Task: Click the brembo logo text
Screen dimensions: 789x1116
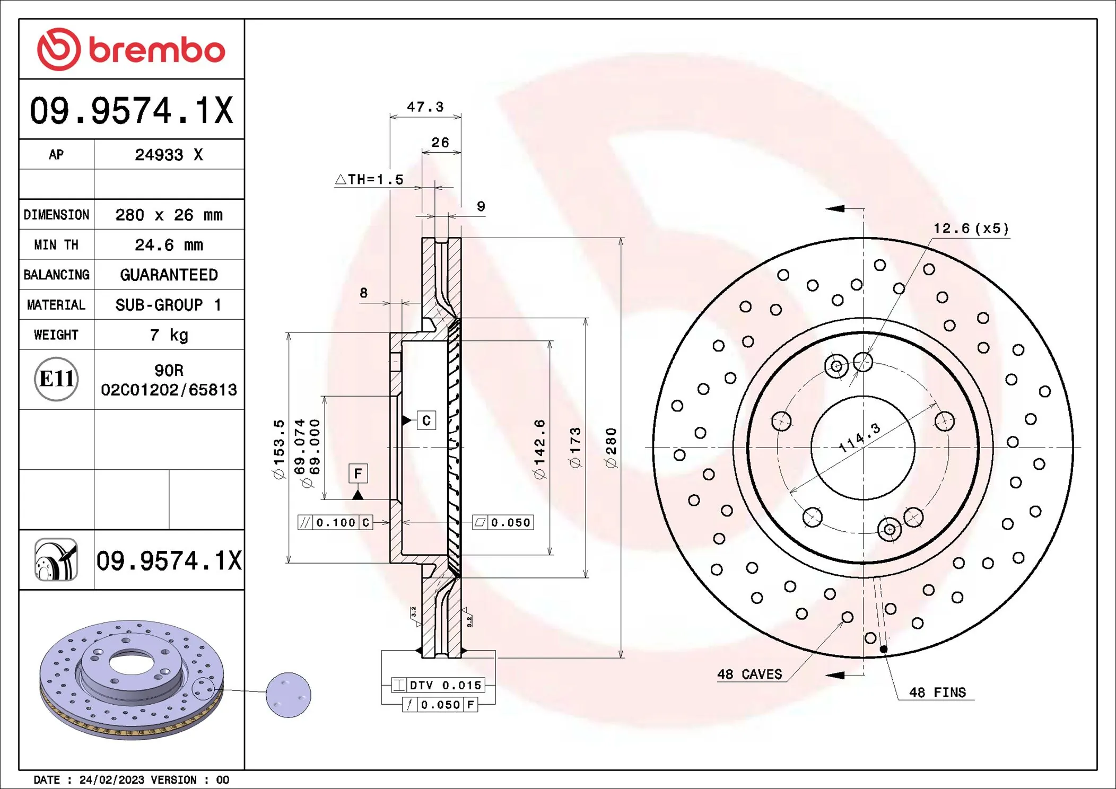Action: tap(156, 50)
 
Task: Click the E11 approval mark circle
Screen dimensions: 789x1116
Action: tap(56, 379)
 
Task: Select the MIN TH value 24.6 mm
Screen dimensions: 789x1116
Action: tap(169, 245)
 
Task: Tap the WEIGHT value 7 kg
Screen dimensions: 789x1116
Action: tap(169, 335)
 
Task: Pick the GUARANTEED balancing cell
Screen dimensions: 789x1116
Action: tap(169, 275)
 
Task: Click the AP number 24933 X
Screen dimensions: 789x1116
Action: tap(169, 155)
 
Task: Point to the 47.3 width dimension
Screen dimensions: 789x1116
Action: tap(425, 107)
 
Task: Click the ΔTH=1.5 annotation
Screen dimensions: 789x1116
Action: tap(370, 180)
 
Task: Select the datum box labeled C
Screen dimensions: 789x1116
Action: tap(426, 420)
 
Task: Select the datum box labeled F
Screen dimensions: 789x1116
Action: tap(358, 474)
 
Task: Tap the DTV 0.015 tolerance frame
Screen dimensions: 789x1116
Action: tap(438, 685)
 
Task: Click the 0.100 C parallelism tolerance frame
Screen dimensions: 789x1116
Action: tap(335, 523)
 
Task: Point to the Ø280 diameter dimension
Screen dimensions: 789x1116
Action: tap(611, 448)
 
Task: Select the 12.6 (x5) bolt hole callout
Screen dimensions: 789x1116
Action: tap(971, 229)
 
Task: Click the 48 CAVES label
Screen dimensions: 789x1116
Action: tap(749, 674)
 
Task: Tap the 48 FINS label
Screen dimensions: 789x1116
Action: tap(937, 692)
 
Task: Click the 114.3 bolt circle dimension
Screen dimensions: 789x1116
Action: tap(860, 438)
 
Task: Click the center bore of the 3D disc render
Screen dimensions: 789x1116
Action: tap(131, 663)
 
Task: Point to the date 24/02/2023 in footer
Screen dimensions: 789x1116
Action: tap(111, 780)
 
